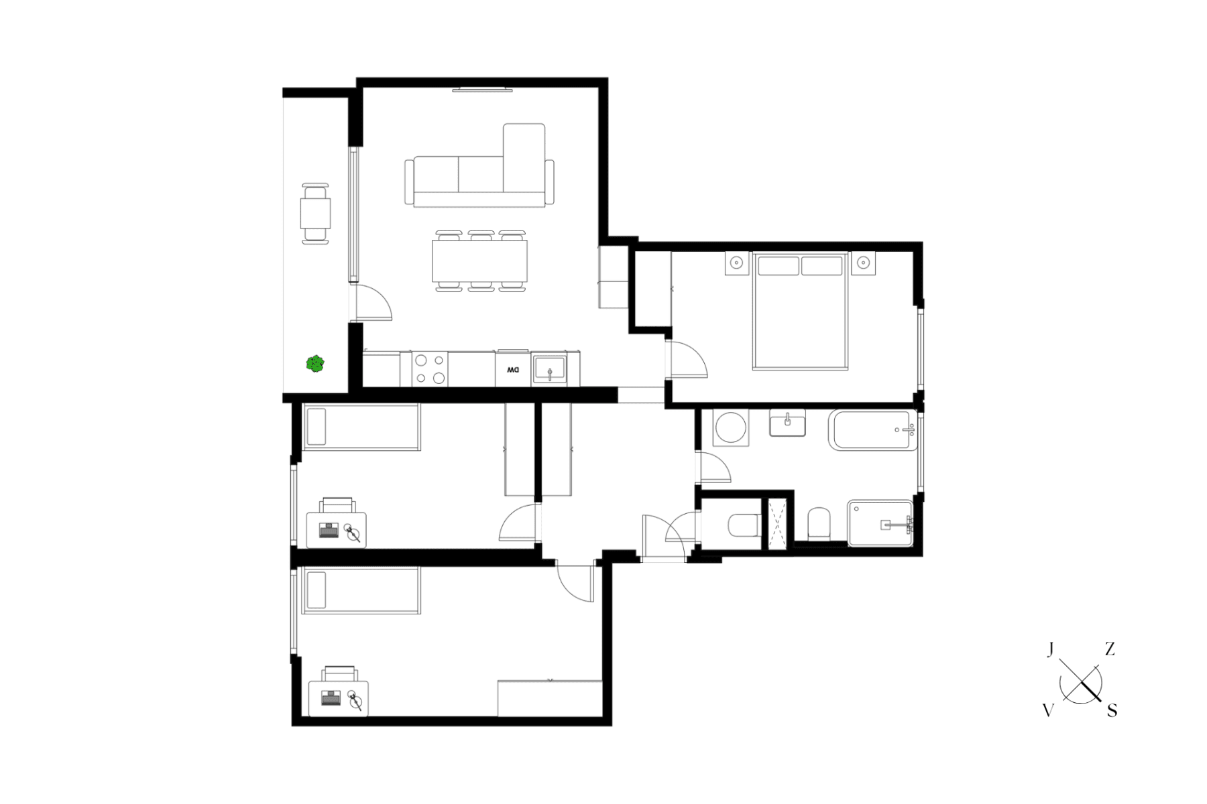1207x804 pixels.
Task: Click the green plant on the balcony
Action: pyautogui.click(x=315, y=364)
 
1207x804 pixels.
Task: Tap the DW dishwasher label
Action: pyautogui.click(x=512, y=370)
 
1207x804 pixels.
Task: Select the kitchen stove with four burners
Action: pyautogui.click(x=430, y=369)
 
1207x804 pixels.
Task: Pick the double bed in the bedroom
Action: pyautogui.click(x=800, y=311)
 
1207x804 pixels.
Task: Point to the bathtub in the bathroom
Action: pyautogui.click(x=872, y=429)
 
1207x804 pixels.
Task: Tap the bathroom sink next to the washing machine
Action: pyautogui.click(x=787, y=423)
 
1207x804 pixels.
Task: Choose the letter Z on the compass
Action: pyautogui.click(x=1110, y=649)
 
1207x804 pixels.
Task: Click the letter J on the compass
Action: pyautogui.click(x=1051, y=649)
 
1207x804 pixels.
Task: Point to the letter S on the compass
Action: pyautogui.click(x=1112, y=711)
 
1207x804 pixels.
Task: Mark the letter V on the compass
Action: pyautogui.click(x=1049, y=711)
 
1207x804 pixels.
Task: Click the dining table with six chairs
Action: pyautogui.click(x=479, y=261)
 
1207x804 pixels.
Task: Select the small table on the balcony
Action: pyautogui.click(x=315, y=214)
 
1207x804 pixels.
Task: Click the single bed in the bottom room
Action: pyautogui.click(x=361, y=590)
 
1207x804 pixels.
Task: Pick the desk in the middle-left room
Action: pyautogui.click(x=337, y=529)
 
